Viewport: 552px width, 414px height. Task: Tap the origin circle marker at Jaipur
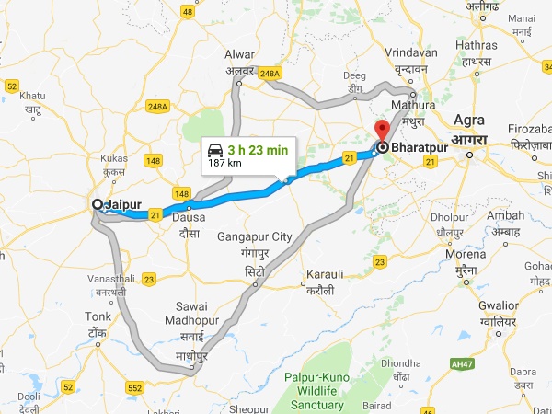tap(98, 203)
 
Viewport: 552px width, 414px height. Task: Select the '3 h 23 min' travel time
tap(259, 150)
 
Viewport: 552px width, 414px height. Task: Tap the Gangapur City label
tap(255, 236)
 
